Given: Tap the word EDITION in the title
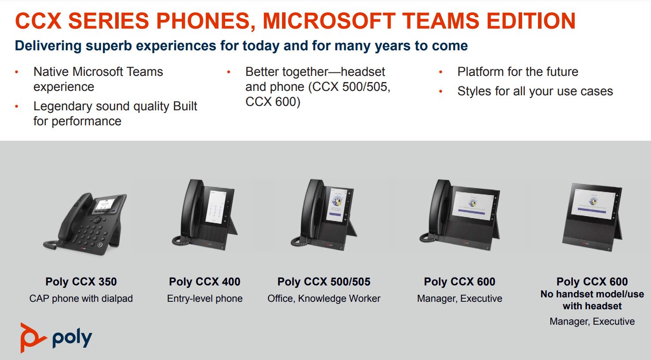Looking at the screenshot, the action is tap(531, 21).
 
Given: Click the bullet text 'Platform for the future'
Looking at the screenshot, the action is tap(518, 72).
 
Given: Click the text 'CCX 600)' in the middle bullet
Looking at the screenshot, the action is tap(273, 102).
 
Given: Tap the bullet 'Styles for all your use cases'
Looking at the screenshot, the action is tap(535, 91).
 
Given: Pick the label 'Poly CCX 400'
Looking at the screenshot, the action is tap(205, 281).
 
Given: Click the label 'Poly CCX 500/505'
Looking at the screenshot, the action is tap(324, 281).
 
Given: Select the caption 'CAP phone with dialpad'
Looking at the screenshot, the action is tap(81, 298).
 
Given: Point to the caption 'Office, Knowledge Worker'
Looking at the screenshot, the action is tap(324, 298).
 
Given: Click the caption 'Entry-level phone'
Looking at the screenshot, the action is tap(205, 298).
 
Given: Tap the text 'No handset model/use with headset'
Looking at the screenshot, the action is tap(592, 300).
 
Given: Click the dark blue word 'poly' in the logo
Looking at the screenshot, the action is tap(72, 339).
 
